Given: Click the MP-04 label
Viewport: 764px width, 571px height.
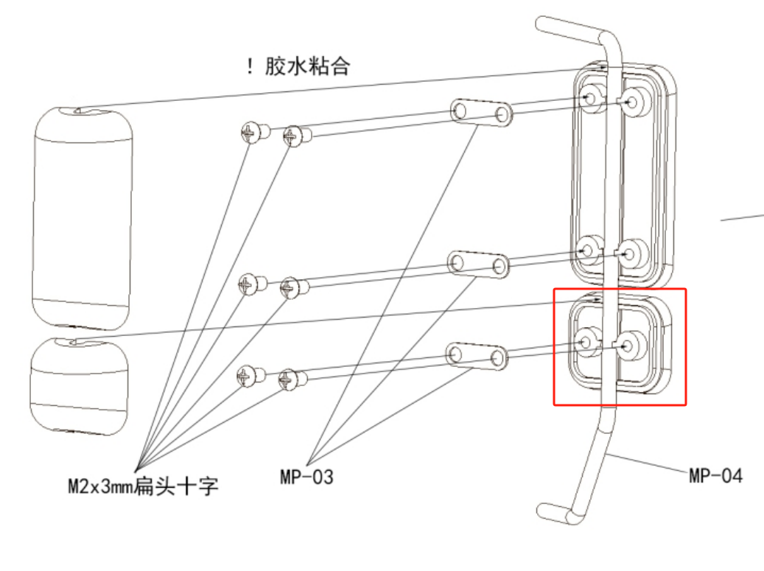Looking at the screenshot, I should (715, 475).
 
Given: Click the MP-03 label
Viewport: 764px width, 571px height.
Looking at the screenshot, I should (306, 477).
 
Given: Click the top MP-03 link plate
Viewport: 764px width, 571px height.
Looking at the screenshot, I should (482, 112).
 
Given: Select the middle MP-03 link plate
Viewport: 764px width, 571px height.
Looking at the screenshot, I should (479, 263).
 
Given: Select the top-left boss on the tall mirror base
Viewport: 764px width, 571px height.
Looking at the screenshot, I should (590, 97).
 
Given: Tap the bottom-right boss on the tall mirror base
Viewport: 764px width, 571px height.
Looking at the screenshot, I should (631, 253).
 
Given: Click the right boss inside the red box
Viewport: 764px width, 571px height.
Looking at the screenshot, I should (631, 343).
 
